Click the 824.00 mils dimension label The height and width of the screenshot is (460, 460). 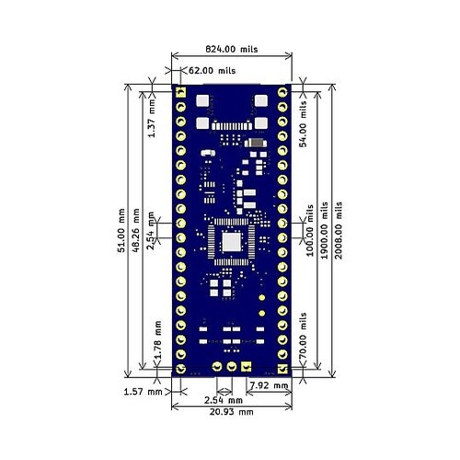(230, 49)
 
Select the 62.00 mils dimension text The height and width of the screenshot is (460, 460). (213, 69)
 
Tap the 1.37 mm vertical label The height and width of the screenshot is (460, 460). (155, 120)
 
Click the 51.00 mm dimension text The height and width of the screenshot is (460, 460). (121, 230)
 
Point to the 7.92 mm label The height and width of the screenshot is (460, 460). (270, 385)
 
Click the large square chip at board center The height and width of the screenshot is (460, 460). (231, 243)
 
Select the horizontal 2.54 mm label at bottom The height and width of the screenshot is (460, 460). (224, 400)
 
